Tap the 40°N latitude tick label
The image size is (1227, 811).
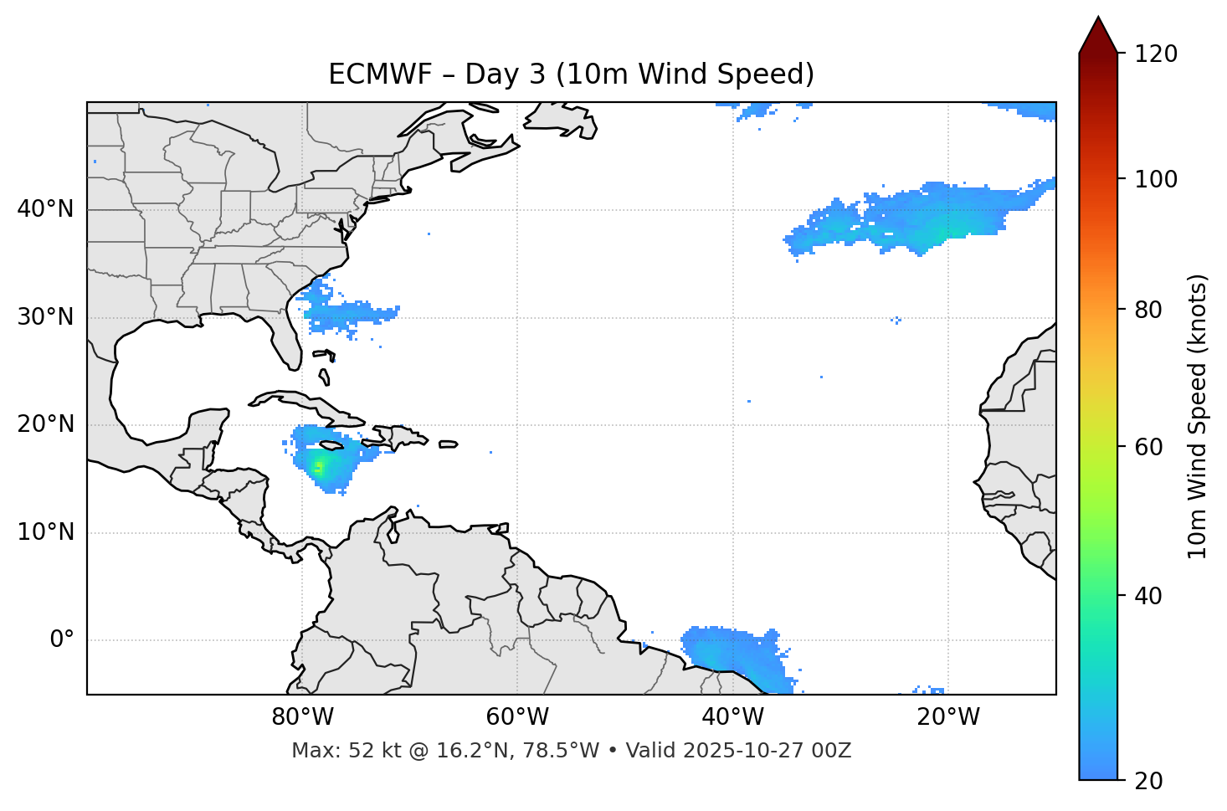click(45, 208)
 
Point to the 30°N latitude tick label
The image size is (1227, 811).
click(45, 317)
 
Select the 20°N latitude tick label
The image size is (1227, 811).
click(45, 424)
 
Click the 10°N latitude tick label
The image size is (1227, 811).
click(45, 532)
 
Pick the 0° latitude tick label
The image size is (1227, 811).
click(62, 639)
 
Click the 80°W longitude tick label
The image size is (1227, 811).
click(302, 717)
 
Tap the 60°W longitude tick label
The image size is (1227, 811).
click(517, 717)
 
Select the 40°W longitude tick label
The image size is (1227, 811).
click(732, 717)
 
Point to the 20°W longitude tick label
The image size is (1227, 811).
click(947, 717)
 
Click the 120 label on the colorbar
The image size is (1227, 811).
click(1156, 54)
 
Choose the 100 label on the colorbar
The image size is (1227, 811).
click(1156, 179)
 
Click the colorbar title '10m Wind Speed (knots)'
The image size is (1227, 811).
click(1198, 416)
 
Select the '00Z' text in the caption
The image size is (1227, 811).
click(831, 751)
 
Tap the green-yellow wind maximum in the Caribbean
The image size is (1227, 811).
click(318, 467)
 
